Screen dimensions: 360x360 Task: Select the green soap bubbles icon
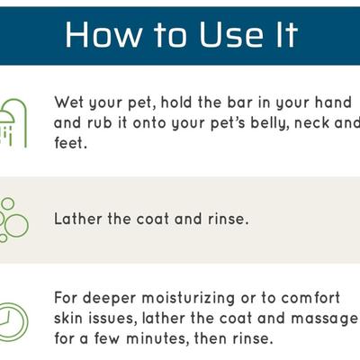click(x=12, y=219)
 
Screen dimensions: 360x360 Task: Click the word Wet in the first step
click(x=70, y=102)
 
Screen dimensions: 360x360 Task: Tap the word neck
click(x=292, y=121)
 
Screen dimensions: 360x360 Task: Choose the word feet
click(x=70, y=142)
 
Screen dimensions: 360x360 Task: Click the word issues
click(x=119, y=318)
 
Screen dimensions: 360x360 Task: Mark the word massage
click(x=326, y=319)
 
